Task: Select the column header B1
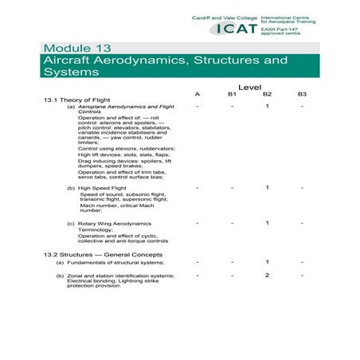pos(232,95)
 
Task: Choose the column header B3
pos(302,95)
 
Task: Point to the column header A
pos(198,95)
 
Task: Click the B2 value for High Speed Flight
pos(268,187)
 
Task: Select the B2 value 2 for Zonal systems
pos(268,275)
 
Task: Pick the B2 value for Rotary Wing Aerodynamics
pos(268,223)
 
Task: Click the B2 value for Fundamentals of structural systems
pos(268,261)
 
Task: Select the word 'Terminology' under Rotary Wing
pos(99,230)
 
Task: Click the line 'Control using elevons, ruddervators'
pos(127,148)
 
